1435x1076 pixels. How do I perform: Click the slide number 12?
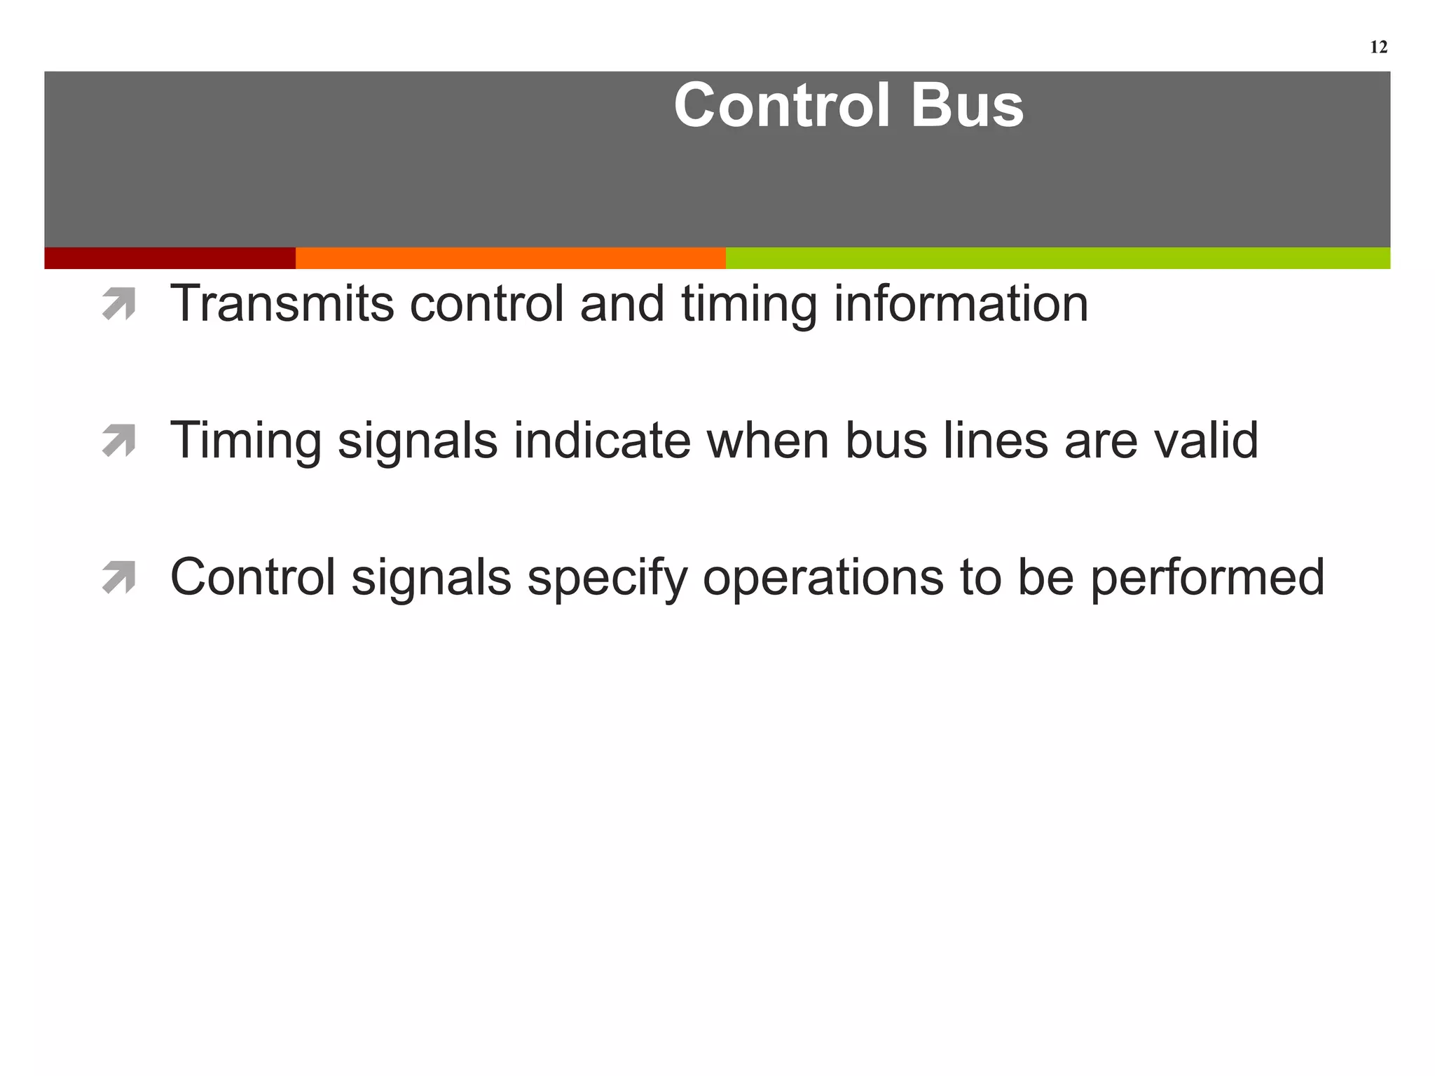[1378, 48]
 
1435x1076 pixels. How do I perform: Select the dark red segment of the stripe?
[170, 258]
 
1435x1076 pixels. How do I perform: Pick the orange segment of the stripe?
[510, 258]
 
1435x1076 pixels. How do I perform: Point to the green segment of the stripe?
[1058, 258]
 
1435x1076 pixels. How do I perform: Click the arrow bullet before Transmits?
[118, 305]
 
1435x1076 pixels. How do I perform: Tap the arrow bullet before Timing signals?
[118, 441]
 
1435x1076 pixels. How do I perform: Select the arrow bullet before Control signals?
[118, 578]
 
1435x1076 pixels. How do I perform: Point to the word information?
[961, 304]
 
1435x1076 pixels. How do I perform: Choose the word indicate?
[602, 441]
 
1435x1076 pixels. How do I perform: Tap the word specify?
[607, 579]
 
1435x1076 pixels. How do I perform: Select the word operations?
[823, 579]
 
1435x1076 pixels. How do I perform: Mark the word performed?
[1207, 579]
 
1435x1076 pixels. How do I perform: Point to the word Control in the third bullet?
[253, 577]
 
